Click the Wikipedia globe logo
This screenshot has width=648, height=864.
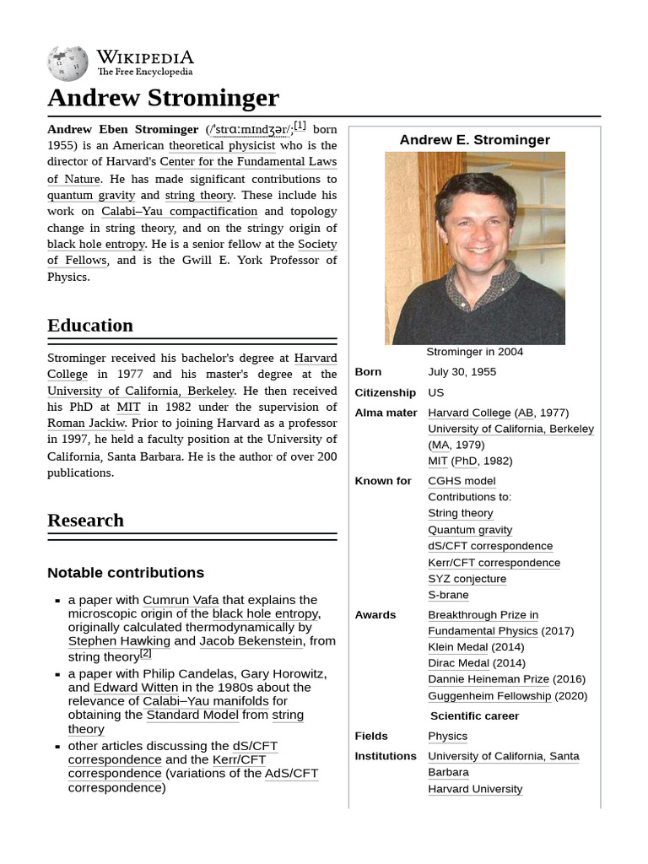pos(67,63)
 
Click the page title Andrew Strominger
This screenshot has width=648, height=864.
pos(163,97)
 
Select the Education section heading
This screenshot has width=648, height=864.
pos(90,326)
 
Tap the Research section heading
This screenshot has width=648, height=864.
pos(85,520)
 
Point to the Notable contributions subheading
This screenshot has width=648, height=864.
pos(126,573)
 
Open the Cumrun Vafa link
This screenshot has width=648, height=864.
pos(181,600)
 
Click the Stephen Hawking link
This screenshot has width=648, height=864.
pos(119,640)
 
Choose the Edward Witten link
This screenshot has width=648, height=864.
pos(136,687)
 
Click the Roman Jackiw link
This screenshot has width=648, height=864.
pos(86,423)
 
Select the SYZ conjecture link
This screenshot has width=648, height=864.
pos(467,579)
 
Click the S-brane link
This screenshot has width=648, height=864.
pos(448,595)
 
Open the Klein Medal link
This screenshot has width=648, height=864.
pos(457,647)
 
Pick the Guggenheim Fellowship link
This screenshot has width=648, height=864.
pos(489,696)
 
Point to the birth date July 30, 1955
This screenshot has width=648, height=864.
pos(462,372)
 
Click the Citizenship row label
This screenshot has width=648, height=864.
pos(385,392)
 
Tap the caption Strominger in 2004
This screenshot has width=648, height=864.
pos(474,352)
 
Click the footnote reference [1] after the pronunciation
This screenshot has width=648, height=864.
pos(300,126)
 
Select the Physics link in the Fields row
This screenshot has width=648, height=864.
pos(447,736)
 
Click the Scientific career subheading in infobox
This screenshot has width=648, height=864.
pos(474,715)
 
